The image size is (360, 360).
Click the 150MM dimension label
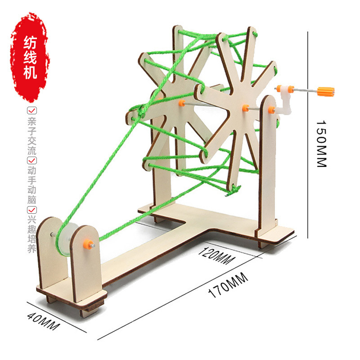pos(320,144)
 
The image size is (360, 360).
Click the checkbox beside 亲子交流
pos(31,110)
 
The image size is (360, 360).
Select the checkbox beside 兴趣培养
pos(31,210)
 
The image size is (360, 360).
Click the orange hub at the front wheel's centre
pos(245,108)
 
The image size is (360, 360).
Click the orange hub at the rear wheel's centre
pos(181,103)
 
